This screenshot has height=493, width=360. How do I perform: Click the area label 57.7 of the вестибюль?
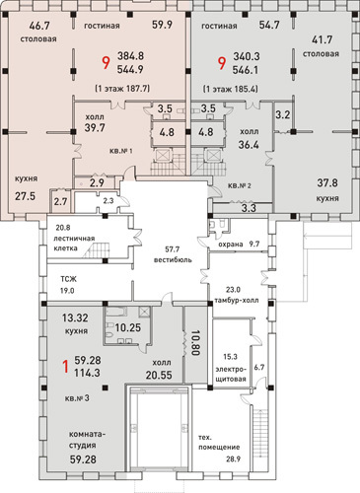pos(173,249)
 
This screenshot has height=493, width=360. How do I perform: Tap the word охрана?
pos(231,245)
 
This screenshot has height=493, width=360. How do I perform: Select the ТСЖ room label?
pos(68,279)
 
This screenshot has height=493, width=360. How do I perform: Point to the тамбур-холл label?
pos(237,300)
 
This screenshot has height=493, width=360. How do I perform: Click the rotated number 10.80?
pos(195,343)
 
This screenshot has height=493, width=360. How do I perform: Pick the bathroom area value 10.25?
pos(128,327)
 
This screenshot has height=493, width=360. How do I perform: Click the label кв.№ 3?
pos(77,398)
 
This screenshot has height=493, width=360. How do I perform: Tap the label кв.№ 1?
pos(121,151)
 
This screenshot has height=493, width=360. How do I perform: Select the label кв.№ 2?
pos(240,185)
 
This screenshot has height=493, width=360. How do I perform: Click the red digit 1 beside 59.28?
pos(66,367)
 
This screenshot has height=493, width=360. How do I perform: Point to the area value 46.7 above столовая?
pos(39,26)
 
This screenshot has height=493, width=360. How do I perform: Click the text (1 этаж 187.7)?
pos(122,89)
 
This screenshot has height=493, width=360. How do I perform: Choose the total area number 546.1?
pos(246,70)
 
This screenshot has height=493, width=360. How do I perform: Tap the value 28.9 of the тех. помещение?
pos(233,458)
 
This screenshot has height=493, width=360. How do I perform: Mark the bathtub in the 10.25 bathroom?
pos(116,312)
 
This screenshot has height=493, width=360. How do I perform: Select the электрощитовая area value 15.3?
pos(230,357)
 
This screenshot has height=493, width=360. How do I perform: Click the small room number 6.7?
pos(259,367)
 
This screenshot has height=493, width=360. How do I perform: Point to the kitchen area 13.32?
pos(75,317)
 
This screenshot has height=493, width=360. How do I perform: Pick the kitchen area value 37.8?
pos(327,182)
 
